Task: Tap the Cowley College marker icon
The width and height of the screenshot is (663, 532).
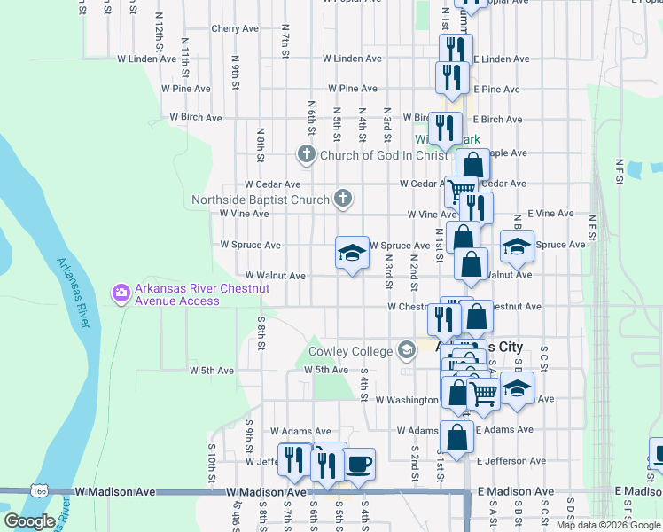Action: (407, 351)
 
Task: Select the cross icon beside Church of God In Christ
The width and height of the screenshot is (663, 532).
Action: (307, 155)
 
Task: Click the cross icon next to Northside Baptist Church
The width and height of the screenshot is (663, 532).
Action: (343, 199)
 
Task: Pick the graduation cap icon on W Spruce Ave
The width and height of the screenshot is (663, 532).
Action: (352, 253)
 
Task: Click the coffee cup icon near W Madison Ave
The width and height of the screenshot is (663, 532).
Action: (358, 464)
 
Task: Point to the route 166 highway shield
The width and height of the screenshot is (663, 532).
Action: (38, 490)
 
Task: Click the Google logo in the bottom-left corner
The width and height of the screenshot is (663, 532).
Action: (29, 521)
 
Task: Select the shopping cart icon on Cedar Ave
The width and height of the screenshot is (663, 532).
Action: (461, 190)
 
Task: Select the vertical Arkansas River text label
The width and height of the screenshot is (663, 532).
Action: (74, 293)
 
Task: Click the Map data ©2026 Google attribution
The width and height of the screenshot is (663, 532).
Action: (608, 525)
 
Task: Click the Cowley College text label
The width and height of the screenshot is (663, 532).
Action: (350, 352)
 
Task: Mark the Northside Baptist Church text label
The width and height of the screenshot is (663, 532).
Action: (261, 199)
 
